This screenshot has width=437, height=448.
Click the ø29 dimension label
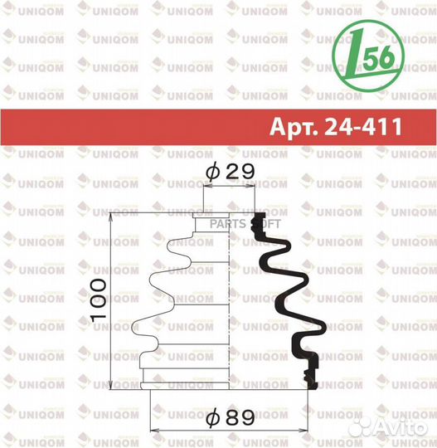(x=228, y=172)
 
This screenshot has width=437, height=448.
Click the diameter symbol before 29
(x=211, y=172)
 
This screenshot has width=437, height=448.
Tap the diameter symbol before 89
(x=211, y=420)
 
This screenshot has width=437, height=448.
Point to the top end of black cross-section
(x=257, y=221)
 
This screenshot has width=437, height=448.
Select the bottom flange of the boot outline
(x=187, y=381)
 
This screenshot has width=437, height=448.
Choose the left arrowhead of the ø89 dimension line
(x=153, y=430)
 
